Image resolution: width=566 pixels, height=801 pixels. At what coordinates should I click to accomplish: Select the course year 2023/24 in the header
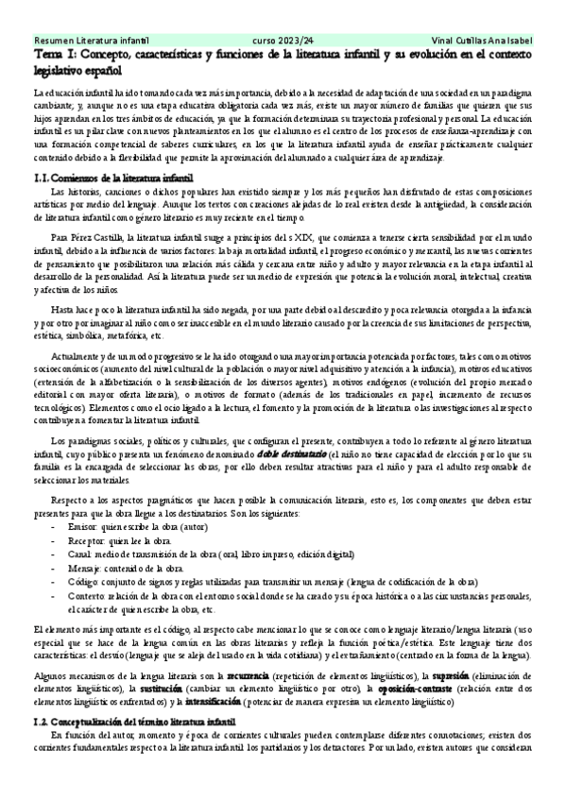click(282, 42)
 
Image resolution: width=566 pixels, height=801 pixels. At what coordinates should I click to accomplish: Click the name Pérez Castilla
click(97, 240)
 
